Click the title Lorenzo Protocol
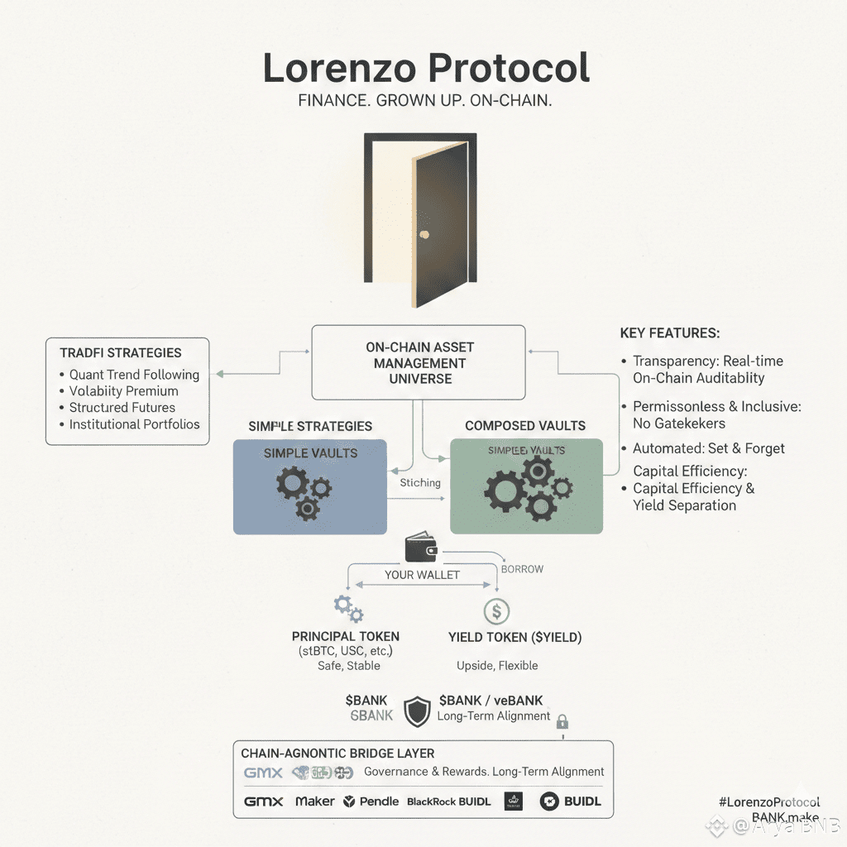point(426,69)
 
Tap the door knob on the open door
point(423,234)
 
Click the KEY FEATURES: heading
point(670,333)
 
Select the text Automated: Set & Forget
point(709,448)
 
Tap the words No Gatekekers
point(678,423)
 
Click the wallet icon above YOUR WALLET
point(422,548)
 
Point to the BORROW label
point(523,569)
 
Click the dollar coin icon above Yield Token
point(496,611)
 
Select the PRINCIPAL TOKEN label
point(346,637)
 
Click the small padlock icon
point(562,721)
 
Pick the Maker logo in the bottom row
point(315,802)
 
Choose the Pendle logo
point(371,802)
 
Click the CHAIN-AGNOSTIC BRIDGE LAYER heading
point(337,754)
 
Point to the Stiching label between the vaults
point(420,483)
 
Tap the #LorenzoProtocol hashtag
point(769,802)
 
